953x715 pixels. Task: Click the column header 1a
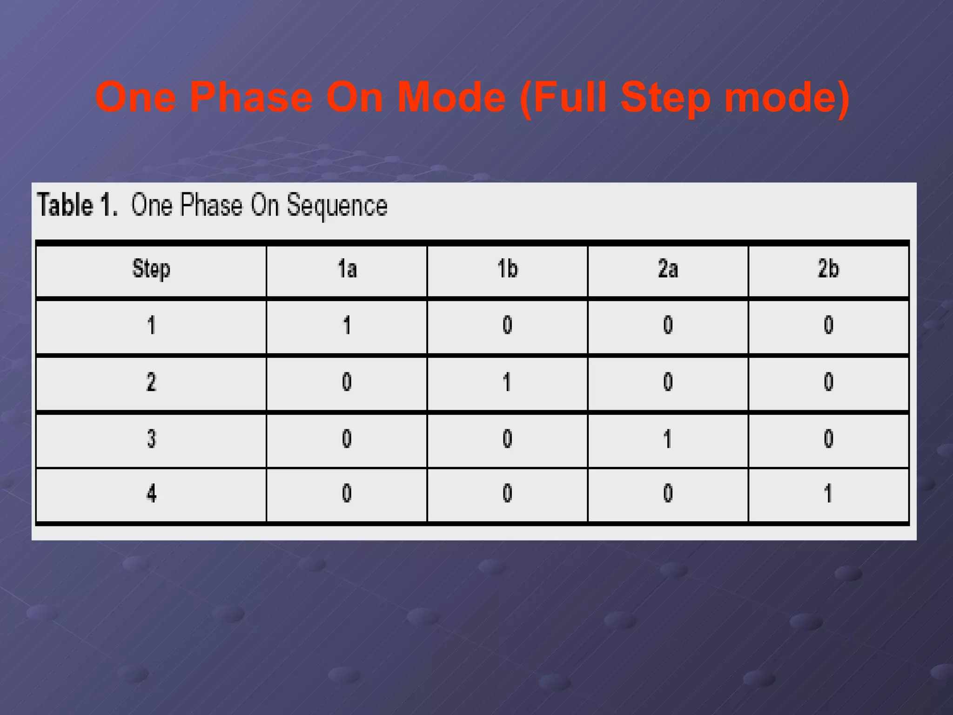(x=347, y=269)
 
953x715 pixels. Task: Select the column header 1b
(x=507, y=269)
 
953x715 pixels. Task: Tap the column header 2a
(x=668, y=269)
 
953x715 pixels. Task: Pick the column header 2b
(x=828, y=269)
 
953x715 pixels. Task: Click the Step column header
(x=151, y=269)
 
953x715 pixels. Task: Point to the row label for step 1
(x=151, y=325)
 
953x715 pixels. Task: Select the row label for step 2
(x=151, y=382)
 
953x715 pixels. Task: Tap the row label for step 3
(x=151, y=439)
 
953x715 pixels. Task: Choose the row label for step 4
(x=151, y=493)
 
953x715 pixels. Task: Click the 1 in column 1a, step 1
(x=347, y=325)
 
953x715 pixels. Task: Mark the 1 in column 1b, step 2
(x=507, y=382)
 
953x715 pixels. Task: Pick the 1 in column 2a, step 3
(x=667, y=439)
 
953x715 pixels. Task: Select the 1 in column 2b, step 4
(x=828, y=493)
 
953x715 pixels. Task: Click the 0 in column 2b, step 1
(x=828, y=325)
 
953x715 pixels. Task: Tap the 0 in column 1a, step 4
(x=347, y=493)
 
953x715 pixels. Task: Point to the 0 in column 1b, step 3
(x=507, y=439)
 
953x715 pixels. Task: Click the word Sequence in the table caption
(x=336, y=206)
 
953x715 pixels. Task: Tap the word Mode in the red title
(x=451, y=98)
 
